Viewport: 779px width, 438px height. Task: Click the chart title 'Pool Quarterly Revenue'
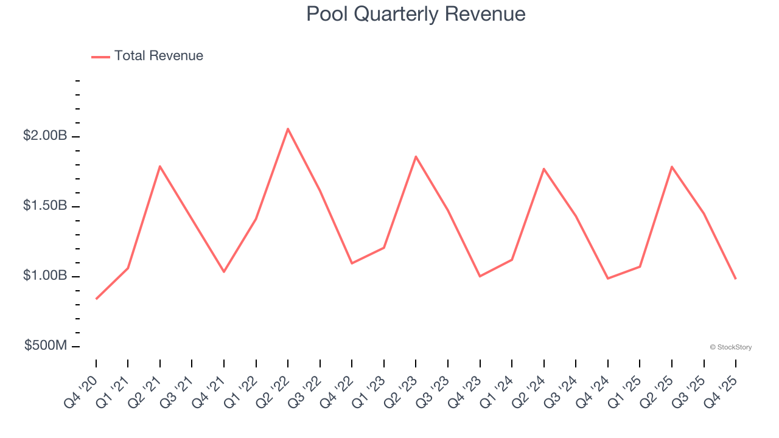pos(416,13)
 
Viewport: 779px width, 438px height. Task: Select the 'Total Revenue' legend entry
pos(158,56)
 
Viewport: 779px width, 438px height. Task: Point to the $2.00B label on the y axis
pos(45,136)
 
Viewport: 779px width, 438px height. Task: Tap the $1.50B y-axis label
pos(45,206)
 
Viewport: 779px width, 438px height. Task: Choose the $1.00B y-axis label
pos(45,276)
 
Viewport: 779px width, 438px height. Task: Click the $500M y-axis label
pos(46,346)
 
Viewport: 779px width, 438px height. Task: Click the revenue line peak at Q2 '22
pos(288,128)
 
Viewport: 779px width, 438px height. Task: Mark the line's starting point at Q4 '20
pos(96,299)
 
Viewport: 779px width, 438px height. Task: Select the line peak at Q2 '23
pos(416,156)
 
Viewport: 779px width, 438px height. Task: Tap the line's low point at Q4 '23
pos(480,276)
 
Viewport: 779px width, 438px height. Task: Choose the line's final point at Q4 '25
pos(736,279)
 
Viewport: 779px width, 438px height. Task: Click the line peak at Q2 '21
pos(160,166)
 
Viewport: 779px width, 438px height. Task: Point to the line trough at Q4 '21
pos(224,271)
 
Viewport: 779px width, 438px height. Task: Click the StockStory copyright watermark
pos(730,347)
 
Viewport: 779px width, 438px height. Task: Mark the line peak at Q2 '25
pos(672,166)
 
